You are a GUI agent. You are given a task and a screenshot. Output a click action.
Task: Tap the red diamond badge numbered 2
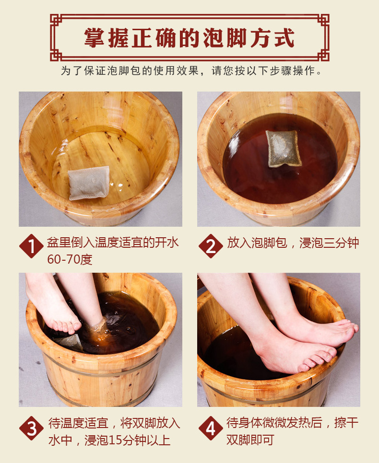[x=210, y=246]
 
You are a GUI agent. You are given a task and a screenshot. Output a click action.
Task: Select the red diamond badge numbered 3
[x=31, y=428]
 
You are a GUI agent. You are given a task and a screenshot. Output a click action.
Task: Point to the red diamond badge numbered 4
[x=210, y=428]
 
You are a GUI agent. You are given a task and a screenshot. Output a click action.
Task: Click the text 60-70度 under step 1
[x=69, y=260]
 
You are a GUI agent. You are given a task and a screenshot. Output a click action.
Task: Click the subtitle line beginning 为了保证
[x=189, y=71]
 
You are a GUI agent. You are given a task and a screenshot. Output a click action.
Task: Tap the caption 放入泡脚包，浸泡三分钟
[x=293, y=243]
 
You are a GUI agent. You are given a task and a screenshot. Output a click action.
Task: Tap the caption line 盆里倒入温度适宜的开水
[x=113, y=243]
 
